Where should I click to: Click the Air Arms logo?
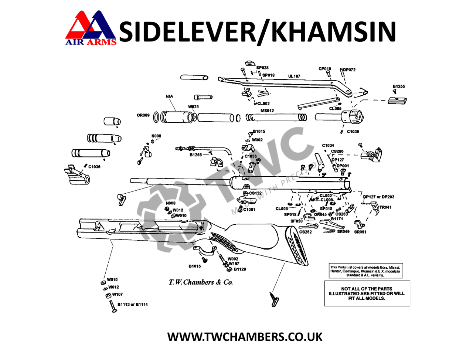point(91,28)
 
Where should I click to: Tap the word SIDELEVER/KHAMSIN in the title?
point(258,31)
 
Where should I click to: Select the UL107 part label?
point(294,76)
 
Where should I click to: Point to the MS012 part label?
point(267,111)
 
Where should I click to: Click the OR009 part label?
point(143,115)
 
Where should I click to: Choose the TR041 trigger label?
point(385,207)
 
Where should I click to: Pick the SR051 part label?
point(360,232)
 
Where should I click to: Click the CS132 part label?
point(255,193)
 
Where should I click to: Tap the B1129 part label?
point(240,269)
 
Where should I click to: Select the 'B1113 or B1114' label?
point(133,305)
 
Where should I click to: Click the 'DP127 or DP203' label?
point(378,197)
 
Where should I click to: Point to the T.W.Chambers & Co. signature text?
point(201,282)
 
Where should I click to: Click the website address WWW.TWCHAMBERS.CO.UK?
point(245,337)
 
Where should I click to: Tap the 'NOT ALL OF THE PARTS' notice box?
point(367,293)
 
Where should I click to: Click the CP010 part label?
point(325,69)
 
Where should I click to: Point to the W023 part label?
point(193,107)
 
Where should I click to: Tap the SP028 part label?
point(262,68)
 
